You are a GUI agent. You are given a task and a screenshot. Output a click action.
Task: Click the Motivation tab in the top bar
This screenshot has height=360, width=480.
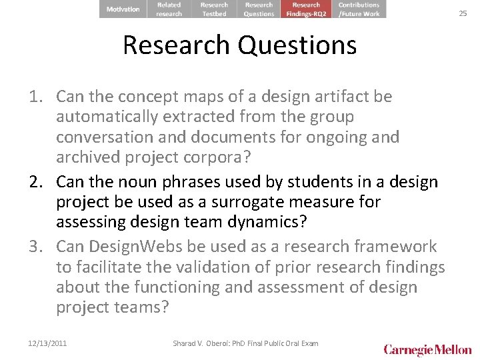tap(123, 9)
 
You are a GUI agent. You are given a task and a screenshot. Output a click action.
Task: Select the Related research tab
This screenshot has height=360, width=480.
tap(169, 9)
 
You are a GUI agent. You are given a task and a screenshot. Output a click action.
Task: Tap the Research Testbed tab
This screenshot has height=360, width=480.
tap(214, 9)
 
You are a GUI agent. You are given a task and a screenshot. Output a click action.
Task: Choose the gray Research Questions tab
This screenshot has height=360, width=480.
tap(259, 9)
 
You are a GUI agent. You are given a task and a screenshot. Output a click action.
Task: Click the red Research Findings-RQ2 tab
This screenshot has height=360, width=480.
tap(306, 9)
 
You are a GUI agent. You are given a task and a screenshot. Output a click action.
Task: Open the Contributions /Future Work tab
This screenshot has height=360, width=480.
tap(359, 9)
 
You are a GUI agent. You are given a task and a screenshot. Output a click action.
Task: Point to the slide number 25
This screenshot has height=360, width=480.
tap(463, 13)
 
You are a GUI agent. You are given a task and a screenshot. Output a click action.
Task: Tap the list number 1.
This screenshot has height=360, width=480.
tap(36, 97)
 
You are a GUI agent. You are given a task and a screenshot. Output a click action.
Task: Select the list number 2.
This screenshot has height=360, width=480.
tap(36, 182)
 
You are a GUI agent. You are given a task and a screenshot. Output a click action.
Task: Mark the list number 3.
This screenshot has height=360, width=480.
tap(36, 247)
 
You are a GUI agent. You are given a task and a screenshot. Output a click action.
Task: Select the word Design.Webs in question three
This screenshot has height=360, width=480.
tap(145, 247)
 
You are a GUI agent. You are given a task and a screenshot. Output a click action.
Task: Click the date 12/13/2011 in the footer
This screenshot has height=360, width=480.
tap(47, 343)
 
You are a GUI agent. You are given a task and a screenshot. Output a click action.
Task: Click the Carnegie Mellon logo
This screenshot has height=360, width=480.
tap(427, 349)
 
